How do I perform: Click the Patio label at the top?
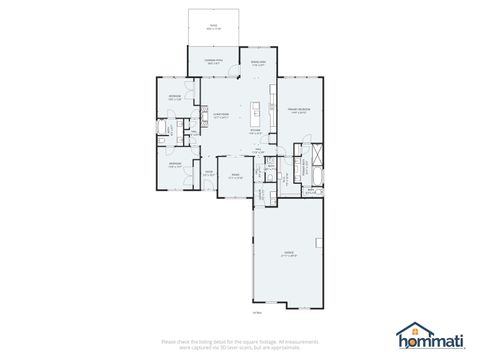[x=212, y=26]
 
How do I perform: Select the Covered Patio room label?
[x=212, y=63]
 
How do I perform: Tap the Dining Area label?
[x=258, y=63]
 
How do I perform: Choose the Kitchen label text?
[x=255, y=131]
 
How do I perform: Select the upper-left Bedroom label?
[x=175, y=98]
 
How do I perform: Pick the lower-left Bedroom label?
[x=175, y=166]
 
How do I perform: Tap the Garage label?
[x=289, y=254]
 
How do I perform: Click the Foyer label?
[x=209, y=174]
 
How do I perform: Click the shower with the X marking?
[x=317, y=155]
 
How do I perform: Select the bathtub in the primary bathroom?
[x=317, y=178]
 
